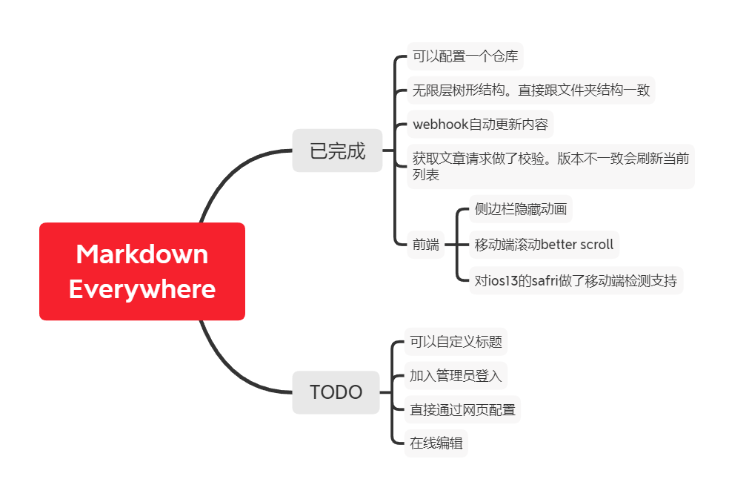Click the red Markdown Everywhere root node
(x=142, y=271)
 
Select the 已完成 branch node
(x=337, y=151)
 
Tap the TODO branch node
(x=336, y=392)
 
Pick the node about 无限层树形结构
(x=530, y=90)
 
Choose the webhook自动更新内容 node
(x=479, y=124)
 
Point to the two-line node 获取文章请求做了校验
(x=550, y=166)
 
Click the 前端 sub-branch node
(x=425, y=244)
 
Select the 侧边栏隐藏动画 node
(x=521, y=209)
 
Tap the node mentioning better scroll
(x=544, y=245)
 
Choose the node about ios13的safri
(x=576, y=280)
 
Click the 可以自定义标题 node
(x=456, y=342)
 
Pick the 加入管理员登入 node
(x=456, y=376)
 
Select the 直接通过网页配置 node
(x=462, y=409)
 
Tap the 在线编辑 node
(x=436, y=443)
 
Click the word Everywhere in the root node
(x=142, y=289)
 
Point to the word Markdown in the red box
(x=142, y=254)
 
